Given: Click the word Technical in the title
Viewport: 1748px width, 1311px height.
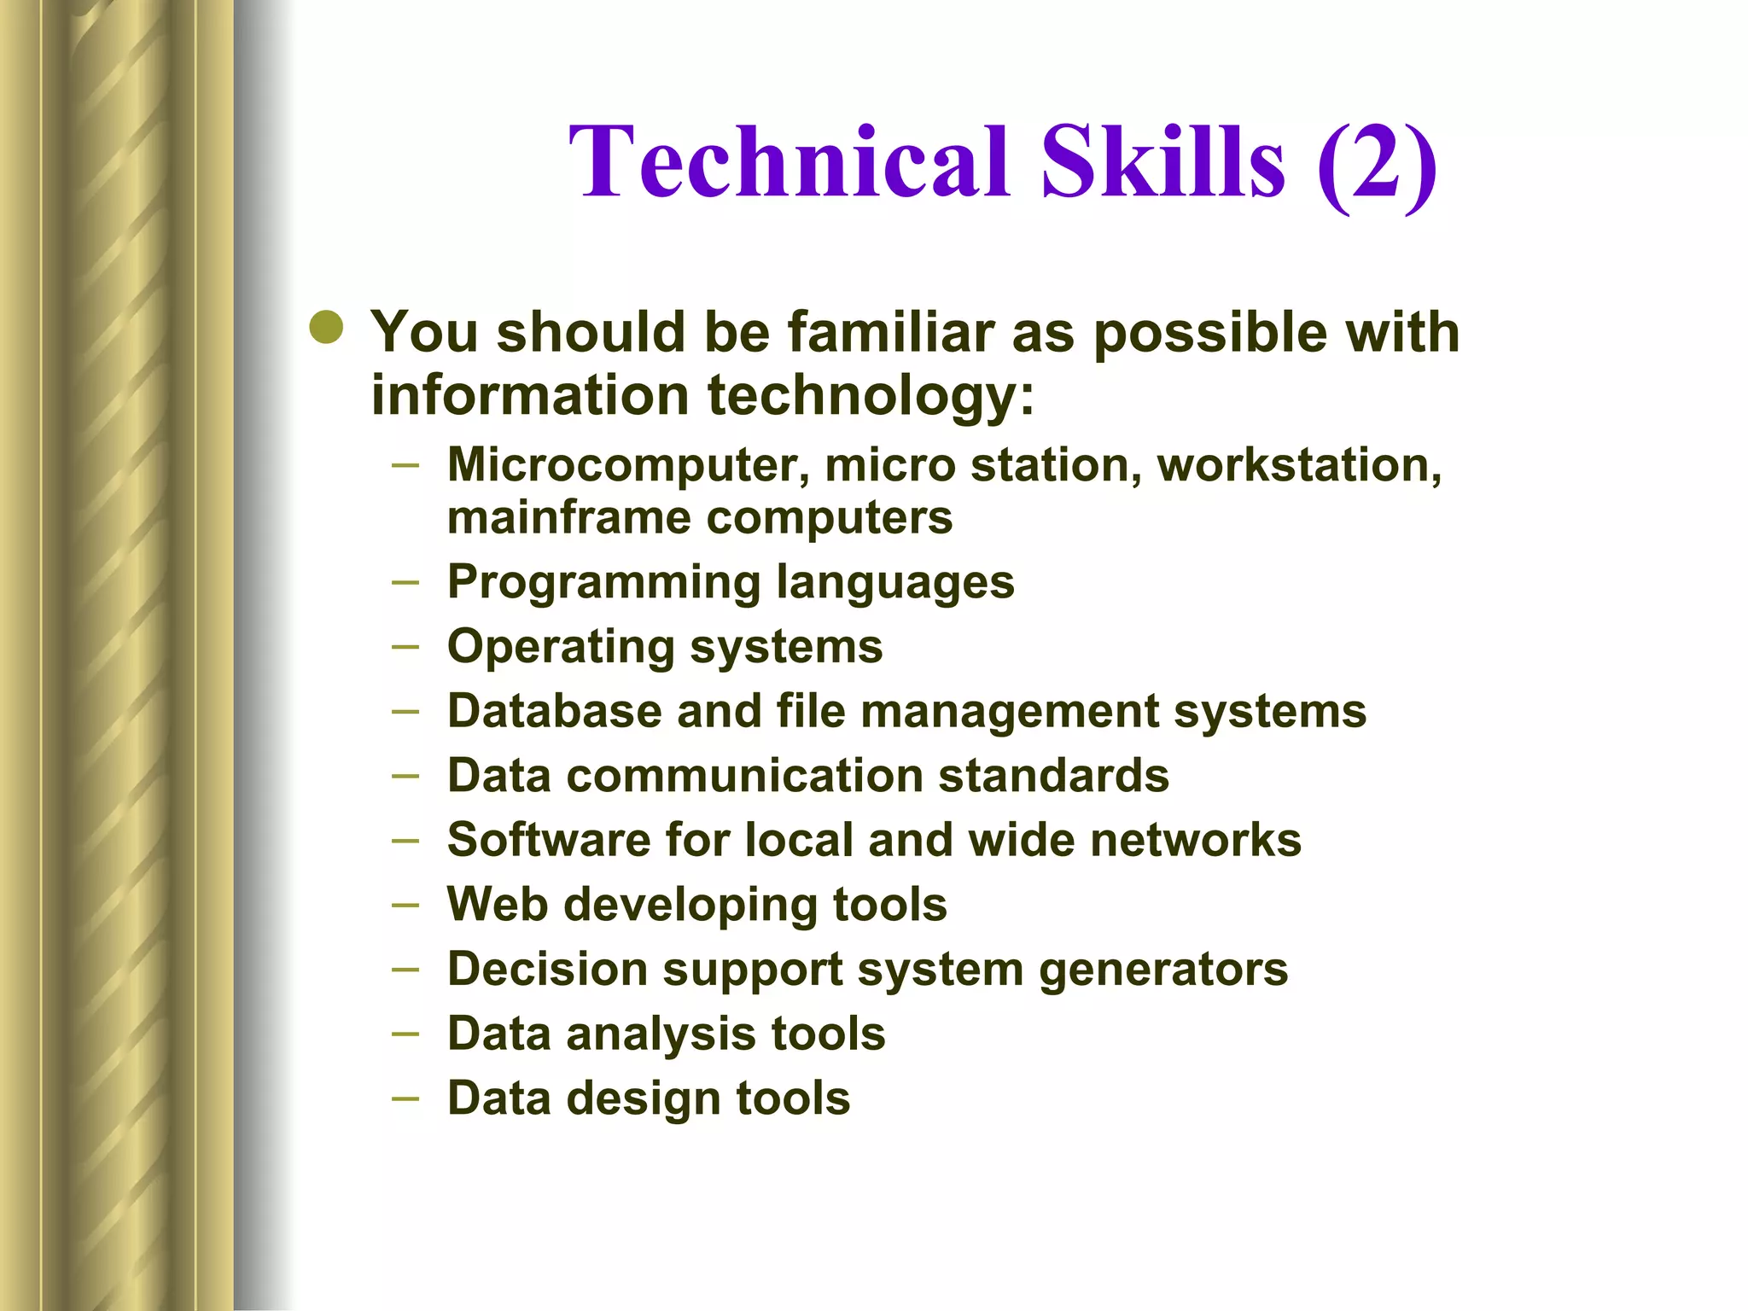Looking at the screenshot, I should (790, 162).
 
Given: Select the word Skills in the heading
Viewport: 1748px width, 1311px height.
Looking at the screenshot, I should (1162, 162).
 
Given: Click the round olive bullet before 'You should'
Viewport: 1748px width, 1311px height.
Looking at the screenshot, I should (327, 327).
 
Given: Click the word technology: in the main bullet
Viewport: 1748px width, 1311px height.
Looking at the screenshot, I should (871, 397).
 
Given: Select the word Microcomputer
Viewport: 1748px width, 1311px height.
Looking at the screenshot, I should (627, 467).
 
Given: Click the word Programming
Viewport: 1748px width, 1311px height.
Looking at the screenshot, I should (604, 584).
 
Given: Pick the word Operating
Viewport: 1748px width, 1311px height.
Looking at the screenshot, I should (561, 648).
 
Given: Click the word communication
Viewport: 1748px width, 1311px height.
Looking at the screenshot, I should (743, 776).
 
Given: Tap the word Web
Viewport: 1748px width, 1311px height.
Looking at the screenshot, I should (497, 904).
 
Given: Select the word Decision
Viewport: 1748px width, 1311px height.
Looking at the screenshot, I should (547, 970).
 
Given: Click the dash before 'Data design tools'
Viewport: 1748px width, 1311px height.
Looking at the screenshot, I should (405, 1098).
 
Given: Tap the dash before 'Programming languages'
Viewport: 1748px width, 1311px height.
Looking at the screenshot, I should (405, 583).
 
